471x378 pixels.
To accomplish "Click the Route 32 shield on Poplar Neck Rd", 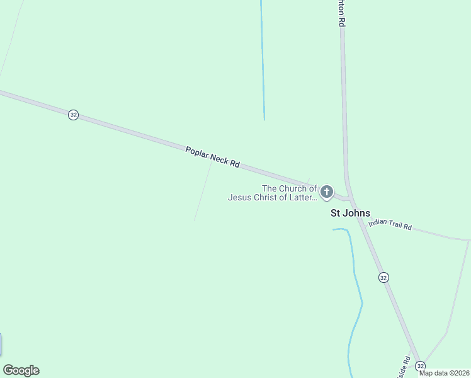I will point(74,115).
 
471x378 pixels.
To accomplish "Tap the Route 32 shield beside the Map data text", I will point(421,365).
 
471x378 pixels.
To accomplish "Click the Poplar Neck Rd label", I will point(213,157).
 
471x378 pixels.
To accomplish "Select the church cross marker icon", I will point(326,192).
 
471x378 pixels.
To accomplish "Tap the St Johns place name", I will point(351,213).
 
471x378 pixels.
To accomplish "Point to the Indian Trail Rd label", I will point(390,224).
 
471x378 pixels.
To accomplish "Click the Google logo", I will point(21,370).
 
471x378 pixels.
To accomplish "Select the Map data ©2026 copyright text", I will point(444,373).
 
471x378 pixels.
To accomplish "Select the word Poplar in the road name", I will point(197,152).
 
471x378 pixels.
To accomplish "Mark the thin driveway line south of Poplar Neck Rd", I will point(203,189).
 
